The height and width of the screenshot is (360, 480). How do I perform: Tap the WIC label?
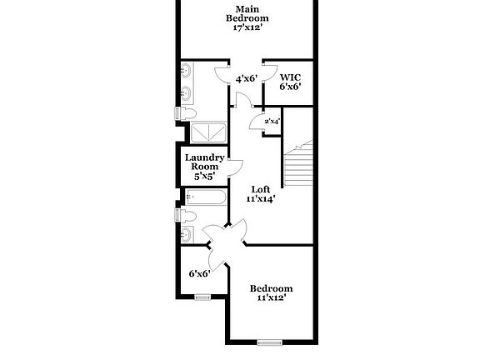(x=290, y=77)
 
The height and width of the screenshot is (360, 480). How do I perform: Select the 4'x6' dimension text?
(x=246, y=79)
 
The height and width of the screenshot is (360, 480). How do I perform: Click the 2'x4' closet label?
(x=272, y=122)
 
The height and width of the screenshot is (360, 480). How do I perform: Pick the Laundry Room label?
(x=204, y=162)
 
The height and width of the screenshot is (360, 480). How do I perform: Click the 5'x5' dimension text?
(x=204, y=177)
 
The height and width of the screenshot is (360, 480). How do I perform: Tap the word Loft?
(x=261, y=188)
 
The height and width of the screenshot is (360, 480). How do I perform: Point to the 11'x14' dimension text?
(x=261, y=199)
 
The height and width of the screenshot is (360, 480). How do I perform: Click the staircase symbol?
(x=297, y=167)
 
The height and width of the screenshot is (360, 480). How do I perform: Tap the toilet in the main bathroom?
(x=187, y=112)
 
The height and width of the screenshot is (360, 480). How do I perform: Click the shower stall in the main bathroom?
(x=207, y=132)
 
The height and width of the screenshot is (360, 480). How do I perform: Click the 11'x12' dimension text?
(x=272, y=297)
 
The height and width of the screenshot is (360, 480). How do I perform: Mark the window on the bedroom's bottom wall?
(x=269, y=342)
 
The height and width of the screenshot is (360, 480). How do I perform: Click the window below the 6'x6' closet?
(x=202, y=297)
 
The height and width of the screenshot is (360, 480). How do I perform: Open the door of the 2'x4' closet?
(x=257, y=122)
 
